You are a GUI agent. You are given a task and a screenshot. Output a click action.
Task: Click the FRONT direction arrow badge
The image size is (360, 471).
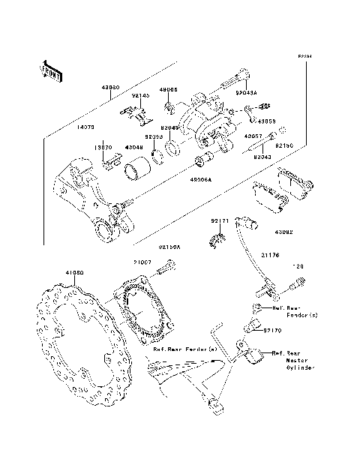[51, 70]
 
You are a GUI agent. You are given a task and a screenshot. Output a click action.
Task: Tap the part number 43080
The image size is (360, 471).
[110, 87]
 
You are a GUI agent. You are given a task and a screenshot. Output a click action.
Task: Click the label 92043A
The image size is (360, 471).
[245, 94]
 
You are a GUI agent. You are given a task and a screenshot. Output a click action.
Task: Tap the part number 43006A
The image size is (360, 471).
[199, 180]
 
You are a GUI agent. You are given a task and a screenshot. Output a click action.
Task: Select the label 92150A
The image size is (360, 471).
[169, 246]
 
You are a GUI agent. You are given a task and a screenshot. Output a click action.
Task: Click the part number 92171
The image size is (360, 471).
[218, 221]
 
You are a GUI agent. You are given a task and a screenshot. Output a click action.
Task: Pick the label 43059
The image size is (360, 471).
[267, 120]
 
